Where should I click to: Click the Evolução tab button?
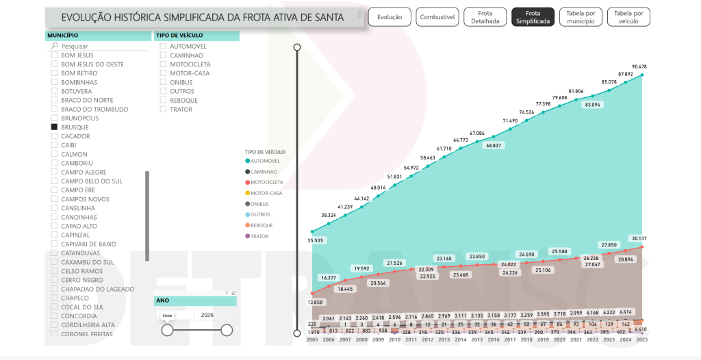click(390, 17)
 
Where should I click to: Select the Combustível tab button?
click(437, 17)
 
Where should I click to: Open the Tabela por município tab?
click(581, 17)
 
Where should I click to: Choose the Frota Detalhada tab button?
click(485, 17)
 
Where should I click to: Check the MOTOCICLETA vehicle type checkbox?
click(164, 64)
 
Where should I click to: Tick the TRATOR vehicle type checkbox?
click(164, 110)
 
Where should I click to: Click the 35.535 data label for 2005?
click(316, 241)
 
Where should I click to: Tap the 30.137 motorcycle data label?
click(639, 239)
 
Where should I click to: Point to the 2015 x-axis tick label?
click(477, 339)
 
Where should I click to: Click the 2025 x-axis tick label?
click(641, 339)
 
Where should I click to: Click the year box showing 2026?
click(207, 315)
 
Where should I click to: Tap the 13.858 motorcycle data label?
click(316, 302)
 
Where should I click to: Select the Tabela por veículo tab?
click(628, 17)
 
